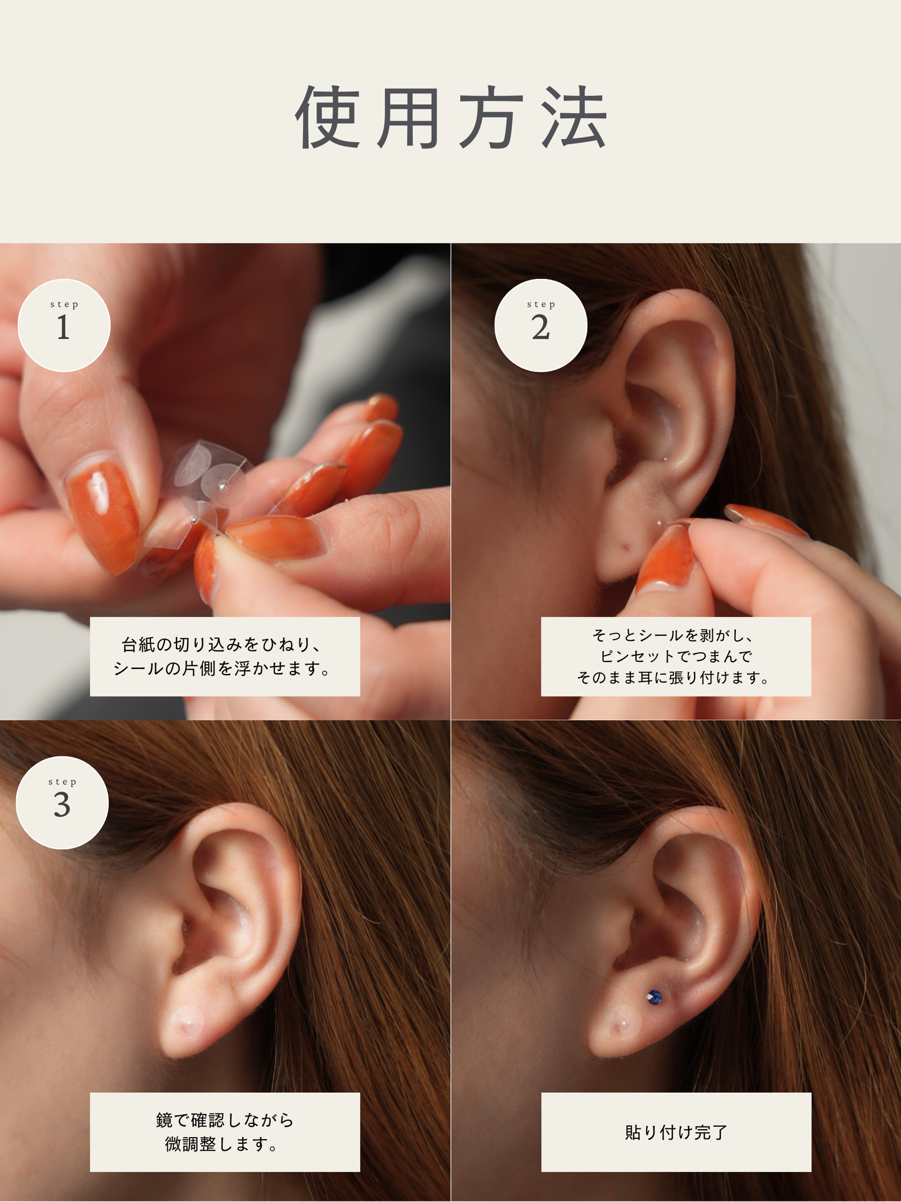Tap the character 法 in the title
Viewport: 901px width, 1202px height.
[574, 117]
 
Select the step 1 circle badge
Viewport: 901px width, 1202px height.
[64, 325]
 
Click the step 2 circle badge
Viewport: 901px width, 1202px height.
[541, 325]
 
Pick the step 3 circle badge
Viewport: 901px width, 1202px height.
[62, 803]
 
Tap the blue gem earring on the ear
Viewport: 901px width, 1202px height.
[654, 997]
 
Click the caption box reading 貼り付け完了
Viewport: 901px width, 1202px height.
[676, 1132]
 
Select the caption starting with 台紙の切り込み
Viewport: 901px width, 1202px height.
[225, 657]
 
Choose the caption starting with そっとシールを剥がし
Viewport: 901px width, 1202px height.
[676, 657]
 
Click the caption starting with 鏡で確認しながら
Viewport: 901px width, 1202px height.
[225, 1132]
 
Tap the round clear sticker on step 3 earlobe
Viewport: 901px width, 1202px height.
[186, 1022]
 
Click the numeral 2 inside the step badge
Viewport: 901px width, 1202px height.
[541, 328]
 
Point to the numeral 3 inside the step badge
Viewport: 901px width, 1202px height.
[62, 805]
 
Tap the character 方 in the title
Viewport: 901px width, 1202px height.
[491, 117]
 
